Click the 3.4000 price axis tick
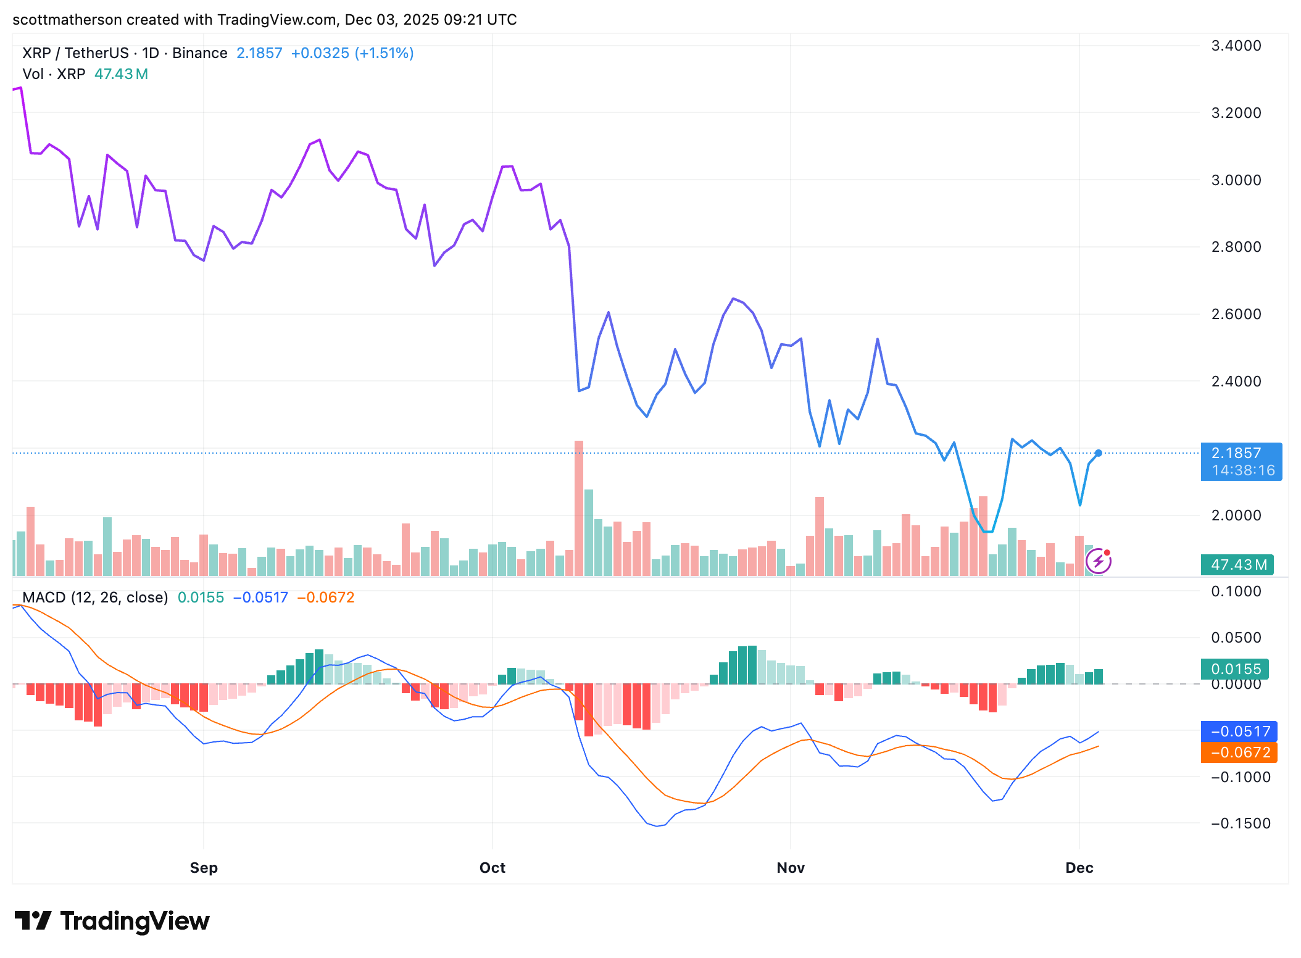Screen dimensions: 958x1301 tap(1236, 46)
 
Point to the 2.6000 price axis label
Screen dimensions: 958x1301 tap(1236, 314)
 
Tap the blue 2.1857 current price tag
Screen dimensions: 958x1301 tap(1241, 461)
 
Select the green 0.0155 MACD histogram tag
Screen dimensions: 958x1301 tap(1235, 669)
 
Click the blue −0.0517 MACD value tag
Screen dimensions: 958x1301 tap(1239, 731)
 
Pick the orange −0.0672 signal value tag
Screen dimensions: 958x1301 tap(1239, 752)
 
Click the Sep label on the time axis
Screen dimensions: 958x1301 tap(204, 868)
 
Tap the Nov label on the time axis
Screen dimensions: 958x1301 tap(791, 868)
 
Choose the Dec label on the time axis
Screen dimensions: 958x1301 tap(1079, 868)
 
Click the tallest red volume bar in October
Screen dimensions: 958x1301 tap(578, 506)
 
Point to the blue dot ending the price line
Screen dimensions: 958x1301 tap(1098, 453)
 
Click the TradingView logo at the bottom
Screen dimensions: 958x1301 tap(112, 921)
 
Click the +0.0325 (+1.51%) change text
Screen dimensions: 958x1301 tap(352, 53)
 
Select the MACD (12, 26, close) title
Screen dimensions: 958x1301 tap(95, 598)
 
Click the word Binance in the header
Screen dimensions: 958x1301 tap(199, 53)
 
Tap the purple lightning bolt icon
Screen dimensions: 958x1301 tap(1099, 561)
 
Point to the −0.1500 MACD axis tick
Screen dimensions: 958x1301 tap(1241, 823)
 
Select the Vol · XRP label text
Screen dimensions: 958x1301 tap(54, 74)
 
